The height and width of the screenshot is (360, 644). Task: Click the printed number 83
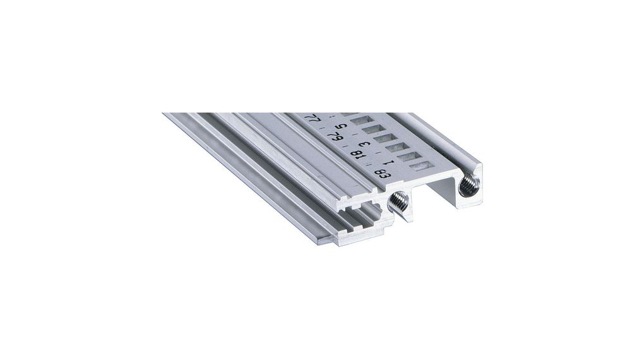tap(382, 172)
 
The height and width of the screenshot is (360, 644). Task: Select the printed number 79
tap(337, 135)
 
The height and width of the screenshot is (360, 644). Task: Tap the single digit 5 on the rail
tap(345, 127)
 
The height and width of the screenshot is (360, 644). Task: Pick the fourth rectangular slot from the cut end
tap(383, 137)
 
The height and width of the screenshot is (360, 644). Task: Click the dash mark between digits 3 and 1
tap(381, 153)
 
